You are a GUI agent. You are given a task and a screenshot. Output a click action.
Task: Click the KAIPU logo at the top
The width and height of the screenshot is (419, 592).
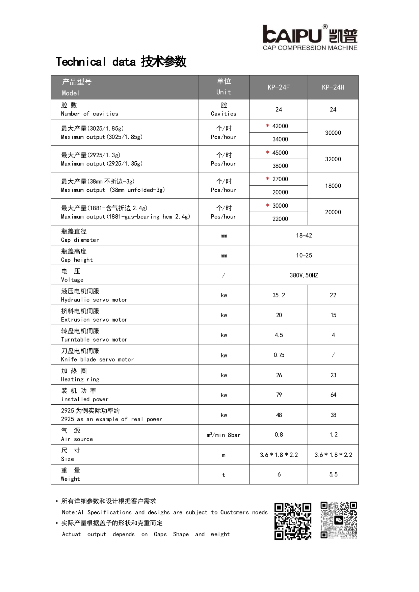pyautogui.click(x=310, y=37)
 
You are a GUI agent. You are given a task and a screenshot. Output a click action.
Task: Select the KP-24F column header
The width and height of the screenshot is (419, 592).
pyautogui.click(x=279, y=87)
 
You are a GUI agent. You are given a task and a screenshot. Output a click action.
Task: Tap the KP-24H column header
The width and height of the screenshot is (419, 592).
pyautogui.click(x=333, y=87)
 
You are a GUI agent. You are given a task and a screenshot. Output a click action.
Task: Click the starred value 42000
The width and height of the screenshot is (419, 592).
pyautogui.click(x=280, y=126)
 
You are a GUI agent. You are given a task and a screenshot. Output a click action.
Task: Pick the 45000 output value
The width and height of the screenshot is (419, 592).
pyautogui.click(x=280, y=153)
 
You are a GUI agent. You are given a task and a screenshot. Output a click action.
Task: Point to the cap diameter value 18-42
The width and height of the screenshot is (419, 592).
pyautogui.click(x=304, y=236)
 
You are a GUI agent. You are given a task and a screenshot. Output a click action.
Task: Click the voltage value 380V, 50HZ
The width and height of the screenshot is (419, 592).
pyautogui.click(x=304, y=275)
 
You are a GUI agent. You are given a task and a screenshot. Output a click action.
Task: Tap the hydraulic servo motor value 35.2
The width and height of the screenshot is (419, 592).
pyautogui.click(x=279, y=295)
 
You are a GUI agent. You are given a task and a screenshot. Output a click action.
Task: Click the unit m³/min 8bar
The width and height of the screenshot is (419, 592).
pyautogui.click(x=224, y=435)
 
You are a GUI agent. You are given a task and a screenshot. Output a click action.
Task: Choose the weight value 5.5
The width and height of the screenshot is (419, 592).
pyautogui.click(x=333, y=475)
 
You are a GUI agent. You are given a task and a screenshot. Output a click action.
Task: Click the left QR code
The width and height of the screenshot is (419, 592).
pyautogui.click(x=293, y=521)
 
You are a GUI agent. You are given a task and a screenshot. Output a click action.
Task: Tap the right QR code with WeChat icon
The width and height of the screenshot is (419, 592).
pyautogui.click(x=339, y=520)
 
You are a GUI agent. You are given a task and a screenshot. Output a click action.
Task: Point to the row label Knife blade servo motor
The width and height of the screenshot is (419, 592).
pyautogui.click(x=97, y=359)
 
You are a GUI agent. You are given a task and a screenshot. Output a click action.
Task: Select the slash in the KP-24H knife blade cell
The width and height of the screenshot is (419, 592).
pyautogui.click(x=333, y=355)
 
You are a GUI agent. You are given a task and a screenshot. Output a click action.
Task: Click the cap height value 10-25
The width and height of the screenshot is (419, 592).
pyautogui.click(x=304, y=255)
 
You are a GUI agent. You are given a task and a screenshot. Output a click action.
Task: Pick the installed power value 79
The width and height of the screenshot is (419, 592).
pyautogui.click(x=279, y=395)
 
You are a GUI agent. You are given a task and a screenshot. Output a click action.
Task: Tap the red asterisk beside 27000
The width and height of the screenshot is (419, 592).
pyautogui.click(x=267, y=179)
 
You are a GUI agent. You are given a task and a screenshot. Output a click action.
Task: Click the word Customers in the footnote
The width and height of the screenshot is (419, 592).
pyautogui.click(x=234, y=512)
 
